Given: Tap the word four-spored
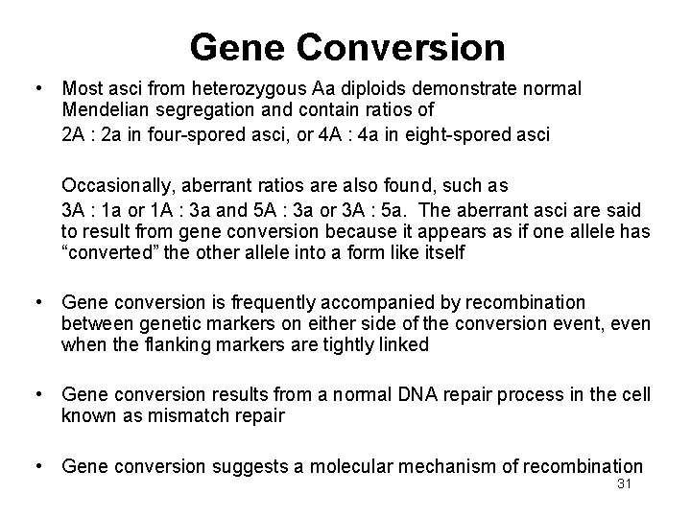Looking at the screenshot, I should (x=202, y=134).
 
